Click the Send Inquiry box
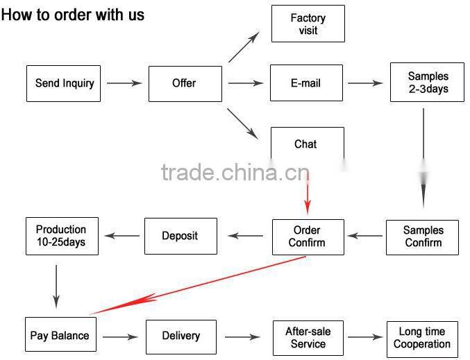[x=64, y=83]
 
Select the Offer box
[x=185, y=83]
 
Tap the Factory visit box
[x=308, y=24]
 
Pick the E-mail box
[x=306, y=83]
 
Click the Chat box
[x=306, y=144]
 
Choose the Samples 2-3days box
[x=427, y=83]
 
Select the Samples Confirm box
[x=423, y=237]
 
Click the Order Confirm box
[x=308, y=237]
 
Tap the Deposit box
[x=180, y=236]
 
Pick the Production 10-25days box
[x=61, y=236]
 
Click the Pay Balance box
[x=60, y=336]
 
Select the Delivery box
[x=181, y=336]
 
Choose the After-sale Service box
[x=308, y=338]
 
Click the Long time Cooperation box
[x=422, y=338]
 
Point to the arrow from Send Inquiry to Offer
[x=124, y=83]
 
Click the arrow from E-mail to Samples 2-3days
[x=365, y=83]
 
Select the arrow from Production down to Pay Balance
[x=56, y=285]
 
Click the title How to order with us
[x=72, y=15]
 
